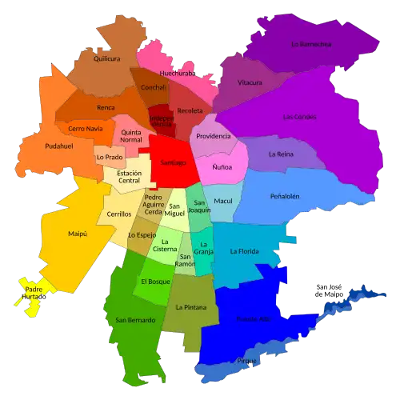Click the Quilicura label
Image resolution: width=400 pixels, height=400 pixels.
point(106,58)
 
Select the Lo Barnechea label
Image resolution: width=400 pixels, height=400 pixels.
point(310,44)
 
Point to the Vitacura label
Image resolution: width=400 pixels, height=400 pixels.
point(250,82)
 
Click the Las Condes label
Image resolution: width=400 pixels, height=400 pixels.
point(299,116)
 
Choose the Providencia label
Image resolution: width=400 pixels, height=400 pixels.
point(214,136)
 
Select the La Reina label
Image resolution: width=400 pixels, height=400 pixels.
point(281,154)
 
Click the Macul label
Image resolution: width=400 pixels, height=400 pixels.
point(223,201)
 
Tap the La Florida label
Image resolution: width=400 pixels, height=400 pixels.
point(244,251)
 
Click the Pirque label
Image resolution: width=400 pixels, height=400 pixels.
point(246,361)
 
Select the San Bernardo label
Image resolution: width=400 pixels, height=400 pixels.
point(135,320)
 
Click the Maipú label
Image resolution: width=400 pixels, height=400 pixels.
point(77,234)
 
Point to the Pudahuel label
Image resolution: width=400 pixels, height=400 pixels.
point(38,147)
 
